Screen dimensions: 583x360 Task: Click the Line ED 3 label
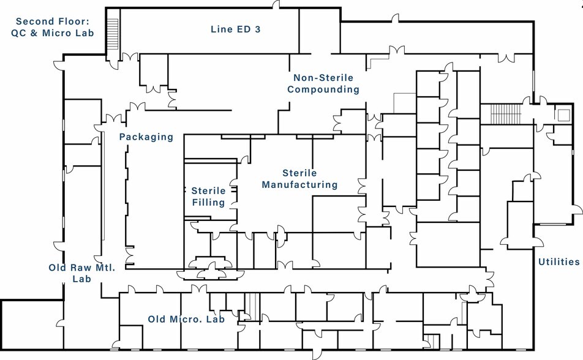pyautogui.click(x=235, y=29)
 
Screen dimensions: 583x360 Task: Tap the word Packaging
pyautogui.click(x=146, y=137)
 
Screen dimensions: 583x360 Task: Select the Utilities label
pyautogui.click(x=559, y=262)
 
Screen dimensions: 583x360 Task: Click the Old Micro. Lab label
pyautogui.click(x=186, y=319)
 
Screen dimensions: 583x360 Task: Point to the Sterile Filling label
pyautogui.click(x=208, y=197)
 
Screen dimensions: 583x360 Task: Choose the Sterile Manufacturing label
pyautogui.click(x=299, y=179)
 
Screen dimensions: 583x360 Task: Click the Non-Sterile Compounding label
pyautogui.click(x=323, y=84)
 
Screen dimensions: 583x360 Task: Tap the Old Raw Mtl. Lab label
pyautogui.click(x=82, y=273)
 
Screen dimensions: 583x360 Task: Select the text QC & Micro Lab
pyautogui.click(x=53, y=33)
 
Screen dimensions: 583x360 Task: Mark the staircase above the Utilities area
pyautogui.click(x=506, y=114)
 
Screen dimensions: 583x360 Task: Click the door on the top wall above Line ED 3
pyautogui.click(x=276, y=5)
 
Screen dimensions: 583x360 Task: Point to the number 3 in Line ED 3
pyautogui.click(x=258, y=29)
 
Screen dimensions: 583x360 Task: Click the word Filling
pyautogui.click(x=208, y=203)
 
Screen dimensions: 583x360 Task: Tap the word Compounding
pyautogui.click(x=323, y=89)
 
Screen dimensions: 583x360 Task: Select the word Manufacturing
pyautogui.click(x=299, y=185)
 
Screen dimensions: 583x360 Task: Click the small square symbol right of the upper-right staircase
pyautogui.click(x=564, y=115)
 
